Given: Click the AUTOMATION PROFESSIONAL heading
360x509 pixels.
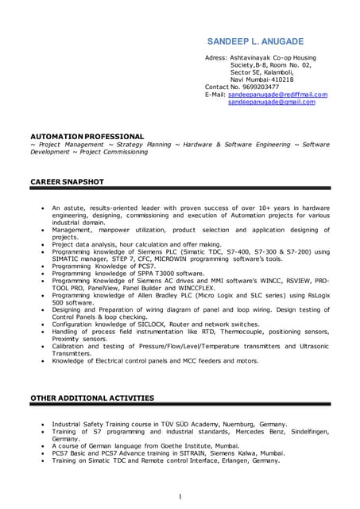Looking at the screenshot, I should coord(87,137).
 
